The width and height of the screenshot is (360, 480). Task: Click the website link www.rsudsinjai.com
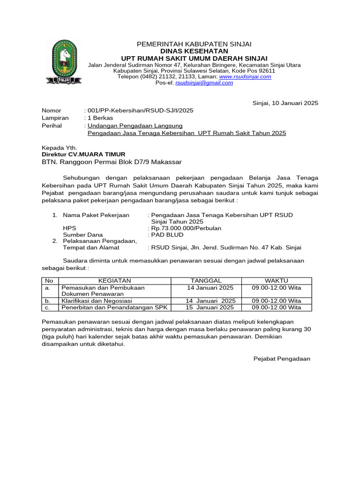click(x=245, y=76)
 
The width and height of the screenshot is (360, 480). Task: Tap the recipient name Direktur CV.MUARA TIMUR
click(x=83, y=154)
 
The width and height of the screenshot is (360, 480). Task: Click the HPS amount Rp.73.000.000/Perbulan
click(x=184, y=228)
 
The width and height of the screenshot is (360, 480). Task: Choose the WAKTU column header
click(x=277, y=280)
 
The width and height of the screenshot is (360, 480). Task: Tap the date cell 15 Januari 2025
click(x=210, y=307)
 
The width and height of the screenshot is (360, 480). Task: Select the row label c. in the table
click(x=47, y=307)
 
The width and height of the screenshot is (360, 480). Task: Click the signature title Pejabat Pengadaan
click(x=282, y=359)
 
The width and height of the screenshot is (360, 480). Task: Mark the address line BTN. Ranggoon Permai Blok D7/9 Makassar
click(x=112, y=162)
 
